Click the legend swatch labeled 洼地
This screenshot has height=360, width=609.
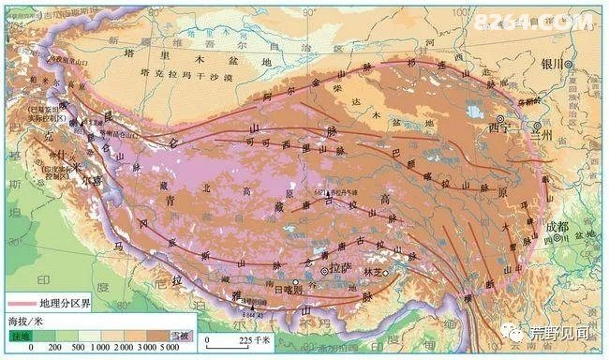click(21, 335)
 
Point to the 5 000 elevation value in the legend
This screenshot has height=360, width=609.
click(169, 348)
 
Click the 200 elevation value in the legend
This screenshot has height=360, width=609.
click(53, 348)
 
